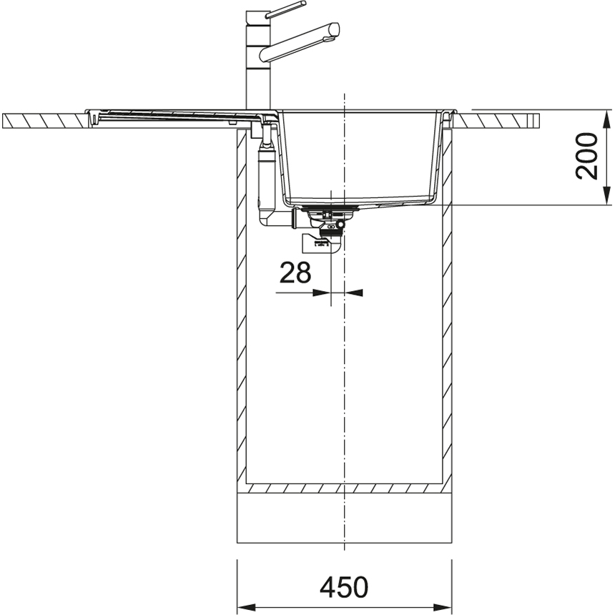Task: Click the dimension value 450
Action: [344, 587]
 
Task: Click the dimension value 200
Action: [586, 156]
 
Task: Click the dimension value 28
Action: [295, 272]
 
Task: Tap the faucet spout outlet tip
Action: [333, 31]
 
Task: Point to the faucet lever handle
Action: [286, 9]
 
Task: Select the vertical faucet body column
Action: [258, 59]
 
